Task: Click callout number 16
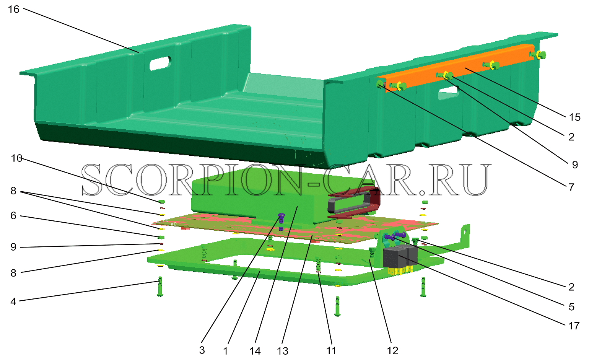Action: click(14, 10)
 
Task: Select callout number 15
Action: click(574, 117)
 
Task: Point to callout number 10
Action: click(16, 158)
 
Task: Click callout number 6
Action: click(13, 216)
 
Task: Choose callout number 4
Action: click(13, 301)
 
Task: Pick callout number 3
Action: click(202, 350)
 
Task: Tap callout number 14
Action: click(255, 351)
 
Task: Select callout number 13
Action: click(283, 351)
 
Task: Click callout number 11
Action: click(331, 350)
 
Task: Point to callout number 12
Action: click(392, 350)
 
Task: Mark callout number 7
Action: click(571, 187)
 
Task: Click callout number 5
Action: click(571, 307)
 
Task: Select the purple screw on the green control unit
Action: click(281, 217)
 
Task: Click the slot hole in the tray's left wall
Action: click(160, 63)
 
